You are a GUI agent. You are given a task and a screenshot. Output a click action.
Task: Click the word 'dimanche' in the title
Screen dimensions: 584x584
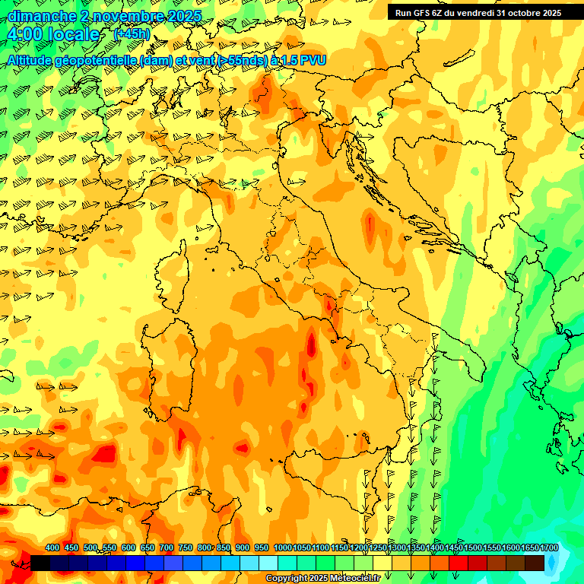38,16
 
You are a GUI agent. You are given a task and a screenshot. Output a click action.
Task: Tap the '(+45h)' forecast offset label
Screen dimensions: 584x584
132,34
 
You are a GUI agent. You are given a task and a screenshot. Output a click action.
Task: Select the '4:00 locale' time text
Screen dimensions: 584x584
53,35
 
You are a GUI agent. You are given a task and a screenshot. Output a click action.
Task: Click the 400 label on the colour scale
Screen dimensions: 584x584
52,547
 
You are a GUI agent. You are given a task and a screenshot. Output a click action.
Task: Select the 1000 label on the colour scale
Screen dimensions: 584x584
283,547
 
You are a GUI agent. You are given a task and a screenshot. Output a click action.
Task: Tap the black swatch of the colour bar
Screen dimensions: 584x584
40,563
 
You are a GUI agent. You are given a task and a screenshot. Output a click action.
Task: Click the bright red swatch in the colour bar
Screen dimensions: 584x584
459,563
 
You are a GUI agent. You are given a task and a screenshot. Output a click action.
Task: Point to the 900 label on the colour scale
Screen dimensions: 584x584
243,547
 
